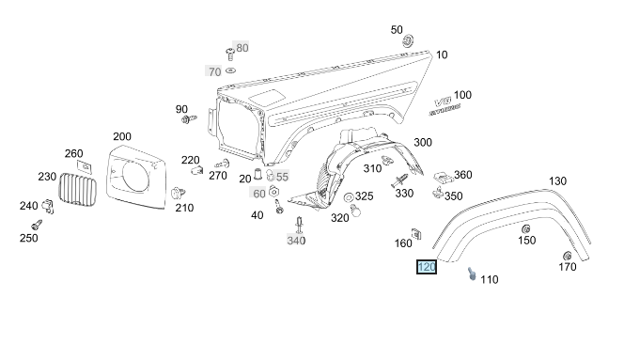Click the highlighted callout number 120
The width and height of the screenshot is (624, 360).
tap(427, 267)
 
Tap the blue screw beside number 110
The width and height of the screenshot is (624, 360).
tap(472, 274)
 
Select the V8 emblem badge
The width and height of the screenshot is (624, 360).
tap(445, 106)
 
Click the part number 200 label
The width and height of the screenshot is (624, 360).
tap(122, 136)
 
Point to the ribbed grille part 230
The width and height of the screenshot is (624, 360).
tap(78, 191)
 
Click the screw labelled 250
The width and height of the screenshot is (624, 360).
tap(37, 225)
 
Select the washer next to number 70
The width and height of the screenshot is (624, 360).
tap(230, 70)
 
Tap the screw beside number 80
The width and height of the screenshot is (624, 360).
tap(229, 54)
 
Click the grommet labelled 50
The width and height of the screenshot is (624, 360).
tap(408, 40)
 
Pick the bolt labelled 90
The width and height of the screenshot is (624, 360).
tap(189, 118)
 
